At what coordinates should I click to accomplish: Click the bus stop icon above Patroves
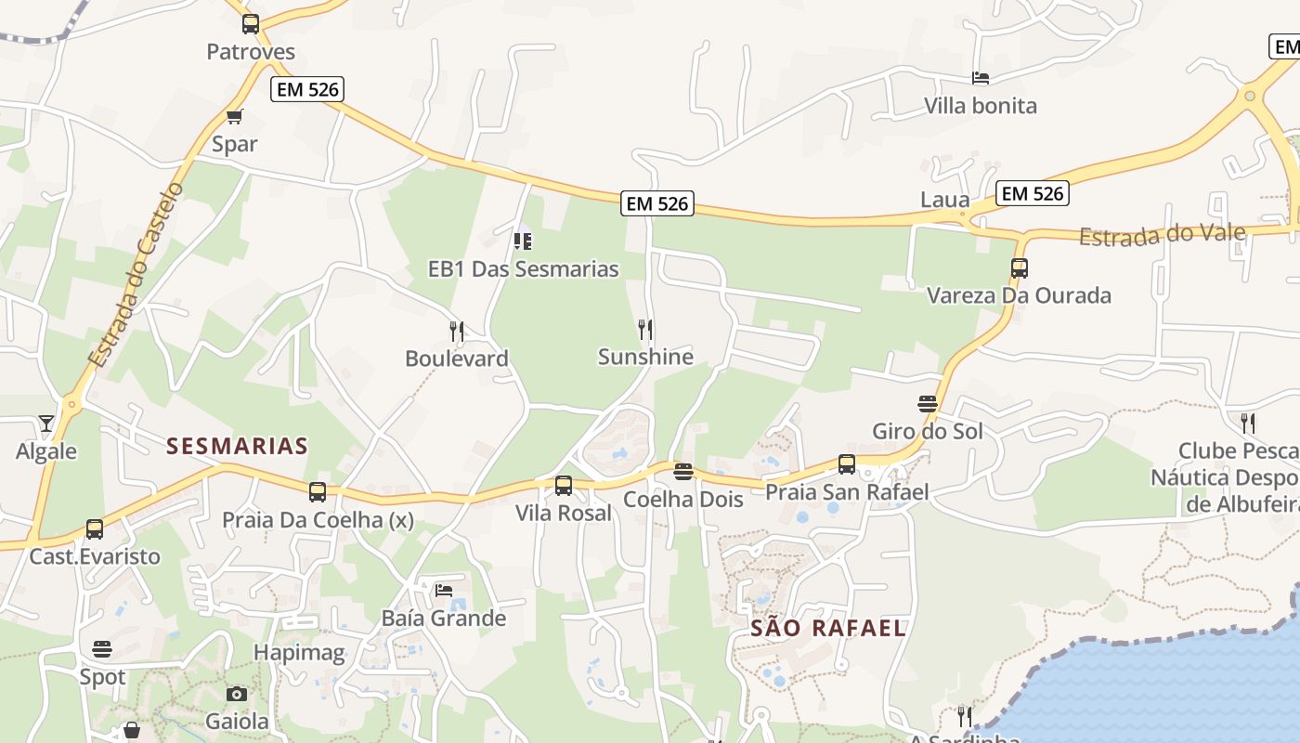pyautogui.click(x=250, y=24)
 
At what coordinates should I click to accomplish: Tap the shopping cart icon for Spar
pyautogui.click(x=234, y=116)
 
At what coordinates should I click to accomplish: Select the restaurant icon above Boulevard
pyautogui.click(x=456, y=331)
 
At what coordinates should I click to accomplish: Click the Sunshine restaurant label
pyautogui.click(x=645, y=357)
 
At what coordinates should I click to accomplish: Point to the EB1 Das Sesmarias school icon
pyautogui.click(x=523, y=241)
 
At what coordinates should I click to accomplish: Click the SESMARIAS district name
pyautogui.click(x=237, y=446)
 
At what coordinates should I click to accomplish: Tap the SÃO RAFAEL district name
pyautogui.click(x=828, y=628)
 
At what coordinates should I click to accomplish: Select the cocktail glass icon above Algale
pyautogui.click(x=46, y=424)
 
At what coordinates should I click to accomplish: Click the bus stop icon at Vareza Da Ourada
pyautogui.click(x=1020, y=268)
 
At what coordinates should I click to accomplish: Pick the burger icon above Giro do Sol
pyautogui.click(x=927, y=404)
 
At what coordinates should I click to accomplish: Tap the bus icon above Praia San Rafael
pyautogui.click(x=846, y=463)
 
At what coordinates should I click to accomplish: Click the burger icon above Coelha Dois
pyautogui.click(x=683, y=472)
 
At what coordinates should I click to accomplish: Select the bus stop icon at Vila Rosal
pyautogui.click(x=563, y=485)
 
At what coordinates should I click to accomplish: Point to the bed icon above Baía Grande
pyautogui.click(x=444, y=591)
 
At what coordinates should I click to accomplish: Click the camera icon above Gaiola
pyautogui.click(x=237, y=694)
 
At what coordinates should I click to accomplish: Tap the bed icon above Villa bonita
pyautogui.click(x=980, y=78)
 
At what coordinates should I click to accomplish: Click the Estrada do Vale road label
pyautogui.click(x=1161, y=234)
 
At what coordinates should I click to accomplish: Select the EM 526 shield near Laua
pyautogui.click(x=1033, y=193)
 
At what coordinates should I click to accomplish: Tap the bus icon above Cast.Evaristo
pyautogui.click(x=94, y=528)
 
